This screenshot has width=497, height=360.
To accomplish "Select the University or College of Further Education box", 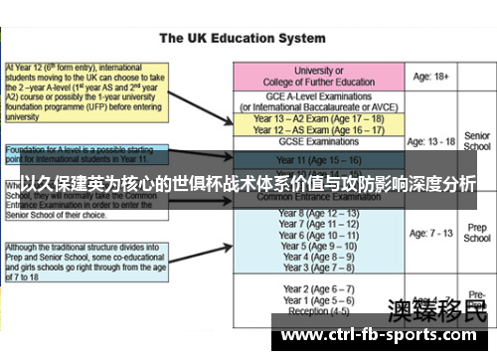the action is click(x=318, y=77).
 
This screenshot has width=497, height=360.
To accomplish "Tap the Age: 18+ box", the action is click(x=433, y=77).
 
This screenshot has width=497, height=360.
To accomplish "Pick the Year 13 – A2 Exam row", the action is click(x=318, y=118).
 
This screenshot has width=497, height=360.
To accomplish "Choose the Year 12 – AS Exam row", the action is click(x=318, y=130).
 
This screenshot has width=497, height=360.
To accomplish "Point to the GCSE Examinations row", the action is click(x=318, y=143).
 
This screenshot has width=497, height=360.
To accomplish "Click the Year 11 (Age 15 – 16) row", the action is click(x=318, y=160).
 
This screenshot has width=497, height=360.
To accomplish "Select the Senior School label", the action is click(x=477, y=141).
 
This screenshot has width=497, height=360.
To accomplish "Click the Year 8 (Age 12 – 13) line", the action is click(x=318, y=214).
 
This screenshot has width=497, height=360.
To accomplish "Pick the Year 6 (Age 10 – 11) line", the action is click(x=318, y=236).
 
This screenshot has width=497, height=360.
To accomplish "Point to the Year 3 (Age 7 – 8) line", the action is click(x=318, y=268).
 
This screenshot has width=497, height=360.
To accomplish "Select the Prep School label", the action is click(x=477, y=234).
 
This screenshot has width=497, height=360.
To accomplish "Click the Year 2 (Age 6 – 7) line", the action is click(x=318, y=288).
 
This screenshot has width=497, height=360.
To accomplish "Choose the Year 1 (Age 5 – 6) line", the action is click(x=318, y=299).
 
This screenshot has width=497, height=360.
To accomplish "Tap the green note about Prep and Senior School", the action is click(x=85, y=261).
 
